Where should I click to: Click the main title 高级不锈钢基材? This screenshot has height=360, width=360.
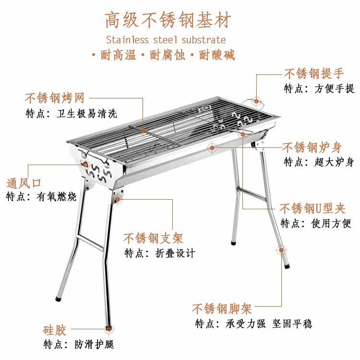point(168,21)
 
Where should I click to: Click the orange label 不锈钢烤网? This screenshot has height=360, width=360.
point(55,98)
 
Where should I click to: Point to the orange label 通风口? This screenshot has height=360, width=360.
point(24,183)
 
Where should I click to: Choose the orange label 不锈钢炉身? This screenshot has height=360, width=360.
point(318,147)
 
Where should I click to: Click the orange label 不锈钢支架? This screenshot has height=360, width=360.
point(153,238)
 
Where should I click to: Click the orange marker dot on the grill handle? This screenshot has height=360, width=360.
point(256,100)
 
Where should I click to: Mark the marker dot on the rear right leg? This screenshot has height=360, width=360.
point(281,250)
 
